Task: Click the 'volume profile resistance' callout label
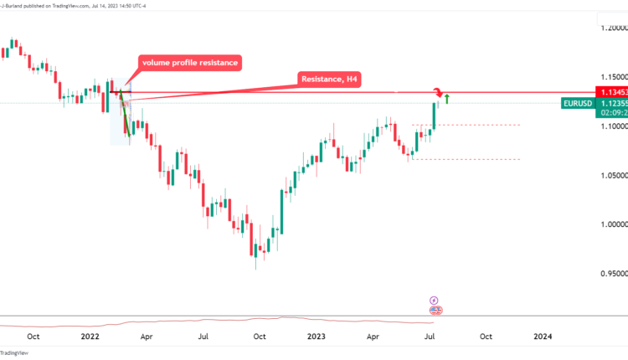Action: (x=191, y=63)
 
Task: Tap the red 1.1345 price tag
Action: (x=610, y=91)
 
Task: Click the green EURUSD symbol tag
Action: (x=579, y=104)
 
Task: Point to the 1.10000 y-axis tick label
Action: (x=608, y=126)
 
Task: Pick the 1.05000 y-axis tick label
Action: (x=608, y=175)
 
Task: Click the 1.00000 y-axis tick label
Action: (x=608, y=224)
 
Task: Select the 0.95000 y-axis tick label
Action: (x=608, y=274)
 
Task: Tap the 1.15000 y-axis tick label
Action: (x=608, y=77)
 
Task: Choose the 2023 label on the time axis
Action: (x=316, y=337)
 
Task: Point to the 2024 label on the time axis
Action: (x=543, y=337)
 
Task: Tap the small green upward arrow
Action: (x=448, y=100)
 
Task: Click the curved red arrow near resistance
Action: (x=437, y=90)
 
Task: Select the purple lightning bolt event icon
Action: (x=434, y=299)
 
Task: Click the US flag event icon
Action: (x=435, y=310)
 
